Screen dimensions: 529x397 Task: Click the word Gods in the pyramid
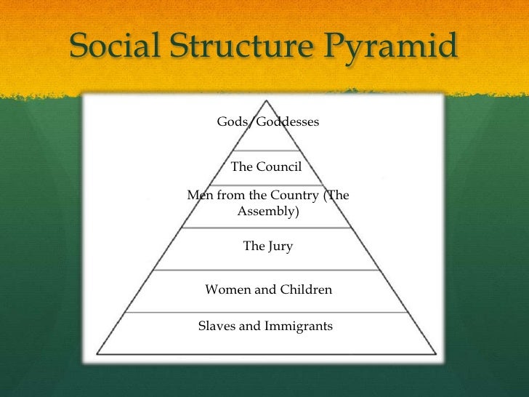231,122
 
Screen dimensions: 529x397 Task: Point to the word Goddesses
288,122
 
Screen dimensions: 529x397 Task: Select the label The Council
266,167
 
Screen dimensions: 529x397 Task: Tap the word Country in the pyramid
283,196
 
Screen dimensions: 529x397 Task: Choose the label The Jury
267,246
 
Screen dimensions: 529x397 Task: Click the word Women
227,289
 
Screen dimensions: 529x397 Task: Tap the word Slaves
217,326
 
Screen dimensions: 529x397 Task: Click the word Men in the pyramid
198,196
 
